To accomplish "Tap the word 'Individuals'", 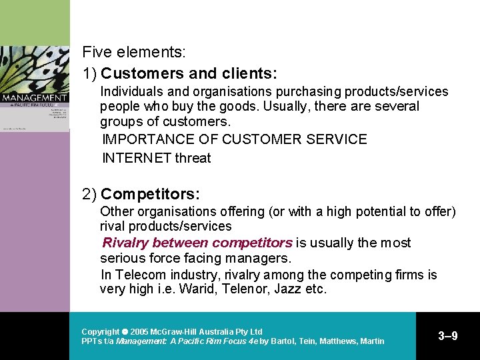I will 130,92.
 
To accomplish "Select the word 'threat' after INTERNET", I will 193,158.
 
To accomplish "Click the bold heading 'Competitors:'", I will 150,194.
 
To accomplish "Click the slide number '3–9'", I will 447,336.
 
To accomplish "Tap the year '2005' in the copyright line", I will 140,331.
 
